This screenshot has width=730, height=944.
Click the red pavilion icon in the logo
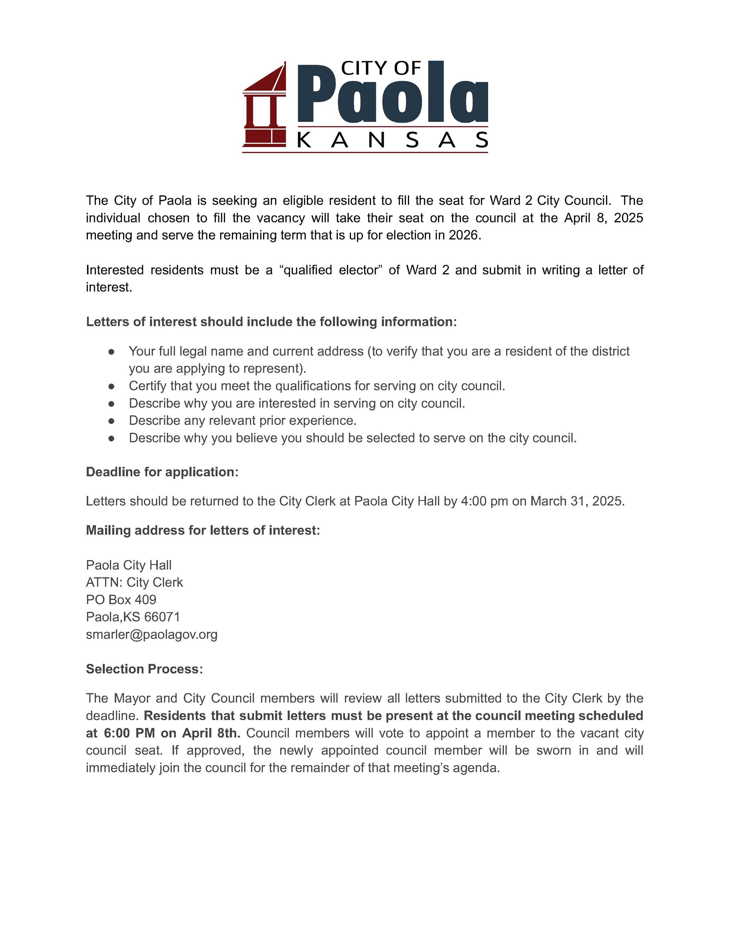264,108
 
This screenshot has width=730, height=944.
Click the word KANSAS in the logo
393,140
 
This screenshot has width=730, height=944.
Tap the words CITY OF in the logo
380,68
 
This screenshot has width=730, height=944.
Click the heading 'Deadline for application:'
162,472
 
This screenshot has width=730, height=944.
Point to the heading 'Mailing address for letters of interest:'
203,530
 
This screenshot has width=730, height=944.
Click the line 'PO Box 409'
121,599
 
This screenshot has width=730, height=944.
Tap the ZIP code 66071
162,617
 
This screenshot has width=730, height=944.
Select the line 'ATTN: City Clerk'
134,582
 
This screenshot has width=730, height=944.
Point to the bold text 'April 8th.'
211,733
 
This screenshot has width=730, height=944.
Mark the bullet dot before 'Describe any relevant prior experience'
112,420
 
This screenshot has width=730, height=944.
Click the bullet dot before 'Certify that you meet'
112,386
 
